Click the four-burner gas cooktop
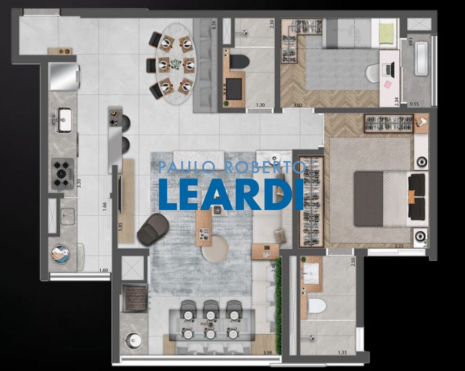point(62,173)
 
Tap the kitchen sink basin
point(63,116)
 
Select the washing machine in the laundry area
point(59,254)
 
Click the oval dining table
point(175,64)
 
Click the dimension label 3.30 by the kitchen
point(79,183)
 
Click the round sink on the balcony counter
point(133,339)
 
